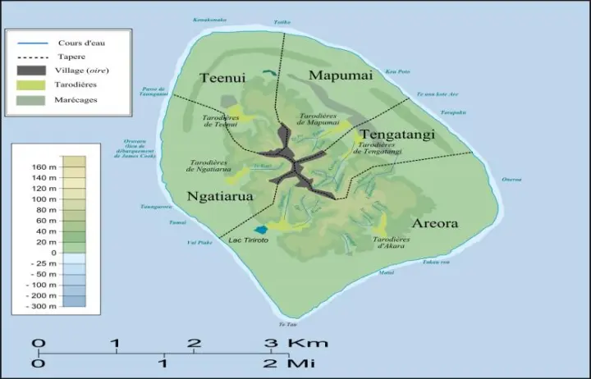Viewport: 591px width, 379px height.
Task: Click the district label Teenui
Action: [x=222, y=78]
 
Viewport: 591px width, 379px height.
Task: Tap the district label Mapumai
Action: [x=340, y=75]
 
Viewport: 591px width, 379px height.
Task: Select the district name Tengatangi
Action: [x=397, y=134]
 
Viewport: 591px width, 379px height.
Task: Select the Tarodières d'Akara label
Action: [x=392, y=242]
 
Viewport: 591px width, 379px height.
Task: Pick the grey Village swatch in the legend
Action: [x=29, y=71]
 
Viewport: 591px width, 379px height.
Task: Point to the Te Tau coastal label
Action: [x=283, y=325]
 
